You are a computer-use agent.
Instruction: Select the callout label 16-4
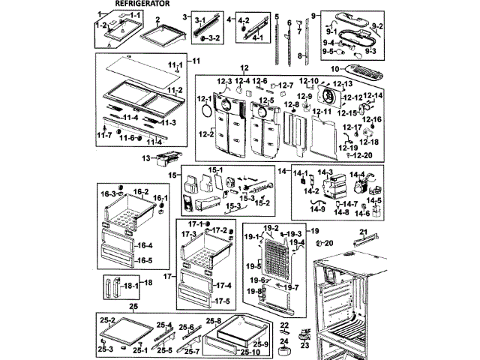[x=145, y=245]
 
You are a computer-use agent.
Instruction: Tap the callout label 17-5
[x=223, y=301]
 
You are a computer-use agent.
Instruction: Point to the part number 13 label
[x=146, y=158]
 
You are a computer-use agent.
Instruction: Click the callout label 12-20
[x=362, y=155]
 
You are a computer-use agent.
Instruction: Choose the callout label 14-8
[x=342, y=212]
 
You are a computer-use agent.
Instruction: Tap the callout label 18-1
[x=128, y=286]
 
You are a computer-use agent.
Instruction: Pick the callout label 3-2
[x=213, y=37]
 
